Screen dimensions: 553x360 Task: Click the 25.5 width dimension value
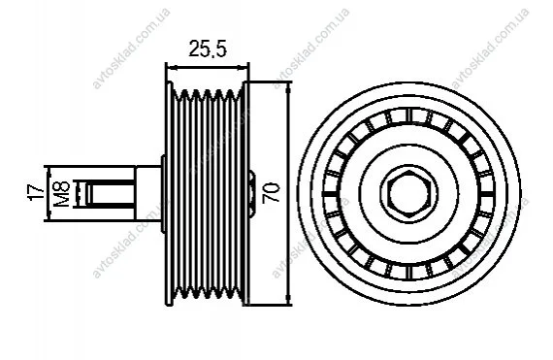[208, 49]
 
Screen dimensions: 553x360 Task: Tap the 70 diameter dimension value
[272, 192]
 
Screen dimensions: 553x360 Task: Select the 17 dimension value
[36, 192]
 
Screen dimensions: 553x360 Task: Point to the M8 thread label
[62, 193]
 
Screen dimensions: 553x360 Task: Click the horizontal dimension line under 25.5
[208, 67]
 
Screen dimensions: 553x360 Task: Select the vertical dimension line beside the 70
[289, 193]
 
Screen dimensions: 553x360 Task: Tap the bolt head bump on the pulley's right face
[252, 193]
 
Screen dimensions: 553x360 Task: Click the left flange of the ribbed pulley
[170, 193]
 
